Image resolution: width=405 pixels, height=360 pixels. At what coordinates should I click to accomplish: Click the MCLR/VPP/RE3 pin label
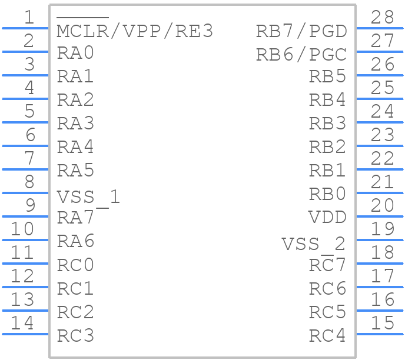[x=135, y=31]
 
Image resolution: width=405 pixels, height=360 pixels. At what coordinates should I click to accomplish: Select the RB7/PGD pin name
[x=301, y=31]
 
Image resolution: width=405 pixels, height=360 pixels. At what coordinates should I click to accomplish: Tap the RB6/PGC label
[x=301, y=54]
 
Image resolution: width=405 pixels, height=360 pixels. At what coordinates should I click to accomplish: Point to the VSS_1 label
[x=88, y=196]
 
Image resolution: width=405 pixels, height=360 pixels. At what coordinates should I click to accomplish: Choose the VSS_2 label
[x=313, y=244]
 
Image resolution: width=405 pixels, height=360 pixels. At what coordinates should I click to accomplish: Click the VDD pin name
[x=327, y=217]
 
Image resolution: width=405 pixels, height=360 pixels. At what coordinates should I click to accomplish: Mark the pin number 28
[x=382, y=18]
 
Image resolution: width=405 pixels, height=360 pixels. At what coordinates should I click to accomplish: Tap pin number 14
[x=23, y=323]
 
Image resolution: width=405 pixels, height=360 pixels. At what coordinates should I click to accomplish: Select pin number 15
[x=382, y=323]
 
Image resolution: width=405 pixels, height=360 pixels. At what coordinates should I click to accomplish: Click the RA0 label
[x=75, y=53]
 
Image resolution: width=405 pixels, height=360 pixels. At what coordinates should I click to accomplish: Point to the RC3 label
[x=75, y=335]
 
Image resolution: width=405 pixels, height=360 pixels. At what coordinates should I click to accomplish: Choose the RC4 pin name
[x=327, y=335]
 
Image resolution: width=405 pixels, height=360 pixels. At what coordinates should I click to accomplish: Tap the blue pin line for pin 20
[x=380, y=216]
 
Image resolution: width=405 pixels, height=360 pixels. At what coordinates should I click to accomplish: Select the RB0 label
[x=327, y=194]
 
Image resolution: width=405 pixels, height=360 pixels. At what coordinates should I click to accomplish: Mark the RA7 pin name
[x=75, y=217]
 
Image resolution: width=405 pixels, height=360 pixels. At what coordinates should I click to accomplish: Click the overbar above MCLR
[x=83, y=19]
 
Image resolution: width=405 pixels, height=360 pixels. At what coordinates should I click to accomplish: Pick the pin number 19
[x=382, y=229]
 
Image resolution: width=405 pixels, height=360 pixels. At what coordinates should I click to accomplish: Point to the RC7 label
[x=327, y=265]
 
